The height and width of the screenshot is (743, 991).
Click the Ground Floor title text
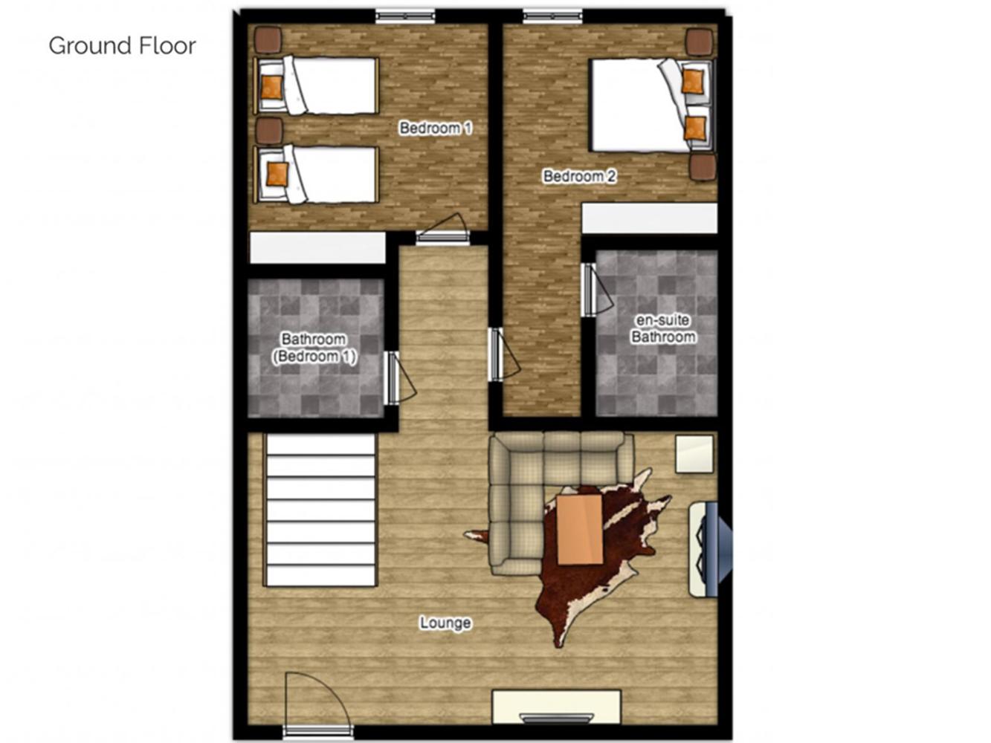click(123, 45)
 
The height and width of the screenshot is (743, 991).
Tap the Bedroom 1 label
click(436, 128)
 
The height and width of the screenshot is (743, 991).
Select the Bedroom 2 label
click(579, 176)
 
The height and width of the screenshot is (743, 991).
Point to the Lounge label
click(445, 623)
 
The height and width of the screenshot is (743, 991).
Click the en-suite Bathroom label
click(663, 328)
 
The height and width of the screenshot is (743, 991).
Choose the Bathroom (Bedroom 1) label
click(314, 348)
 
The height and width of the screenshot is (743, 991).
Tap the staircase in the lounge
click(320, 510)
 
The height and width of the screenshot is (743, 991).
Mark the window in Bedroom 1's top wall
click(405, 16)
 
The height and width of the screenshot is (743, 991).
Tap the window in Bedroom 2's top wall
click(552, 16)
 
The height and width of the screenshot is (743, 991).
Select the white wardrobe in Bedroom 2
click(650, 218)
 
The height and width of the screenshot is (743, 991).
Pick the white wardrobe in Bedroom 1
click(318, 247)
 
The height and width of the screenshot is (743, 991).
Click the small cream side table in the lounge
click(694, 454)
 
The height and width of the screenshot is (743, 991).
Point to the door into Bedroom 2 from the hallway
click(504, 354)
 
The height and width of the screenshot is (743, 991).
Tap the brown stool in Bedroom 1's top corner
click(268, 40)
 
